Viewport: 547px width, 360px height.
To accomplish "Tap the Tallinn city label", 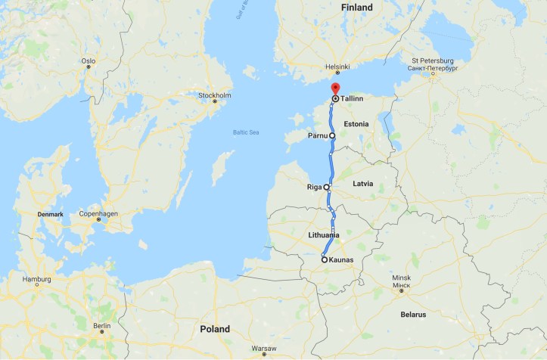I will [x=352, y=98].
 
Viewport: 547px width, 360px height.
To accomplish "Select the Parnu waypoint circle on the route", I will [x=332, y=136].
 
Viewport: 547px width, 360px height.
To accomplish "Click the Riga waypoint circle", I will [x=327, y=187].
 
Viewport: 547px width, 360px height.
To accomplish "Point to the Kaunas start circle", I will [x=325, y=260].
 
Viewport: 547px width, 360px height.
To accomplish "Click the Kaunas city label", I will [x=341, y=260].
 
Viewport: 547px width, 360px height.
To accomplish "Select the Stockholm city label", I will [x=214, y=95].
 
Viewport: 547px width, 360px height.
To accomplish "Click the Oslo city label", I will [x=89, y=60].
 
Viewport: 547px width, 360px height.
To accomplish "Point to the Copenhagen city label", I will [x=98, y=214].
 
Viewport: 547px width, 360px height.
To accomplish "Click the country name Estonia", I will [x=356, y=123].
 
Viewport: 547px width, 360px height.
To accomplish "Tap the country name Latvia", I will [x=363, y=184].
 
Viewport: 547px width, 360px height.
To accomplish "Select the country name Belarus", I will [x=413, y=314].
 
